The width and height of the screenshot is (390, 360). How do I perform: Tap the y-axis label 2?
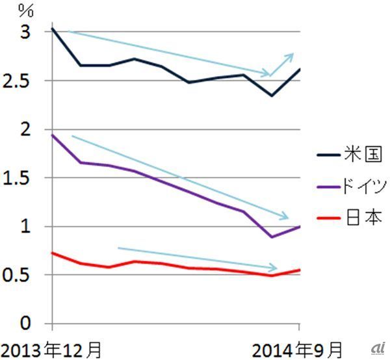(24, 129)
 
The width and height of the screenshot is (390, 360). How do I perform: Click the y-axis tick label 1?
(24, 227)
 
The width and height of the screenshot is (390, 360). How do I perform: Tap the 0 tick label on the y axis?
(24, 324)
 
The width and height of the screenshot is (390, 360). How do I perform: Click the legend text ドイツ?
(363, 188)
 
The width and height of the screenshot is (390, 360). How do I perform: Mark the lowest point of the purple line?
(272, 237)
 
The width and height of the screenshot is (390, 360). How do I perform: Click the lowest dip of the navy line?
(272, 96)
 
